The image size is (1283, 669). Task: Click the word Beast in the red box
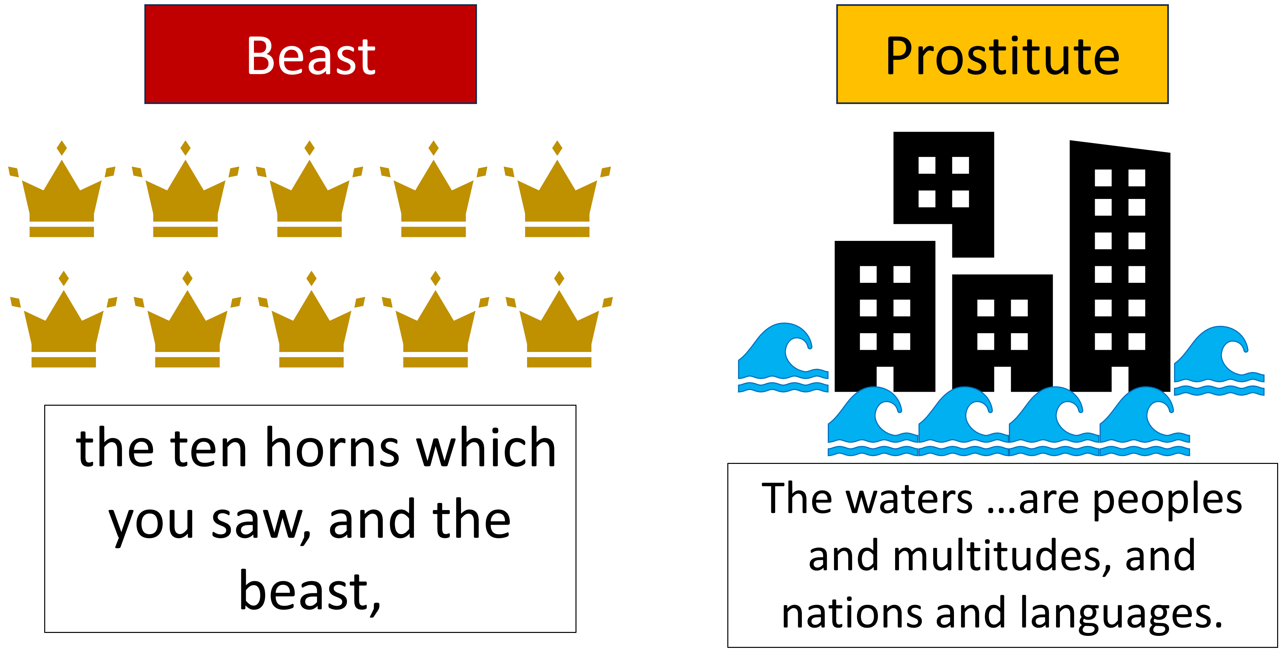[311, 56]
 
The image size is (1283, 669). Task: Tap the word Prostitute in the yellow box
[1002, 56]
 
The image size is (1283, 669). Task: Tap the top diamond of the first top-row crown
[62, 148]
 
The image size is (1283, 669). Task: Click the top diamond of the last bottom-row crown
[559, 279]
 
